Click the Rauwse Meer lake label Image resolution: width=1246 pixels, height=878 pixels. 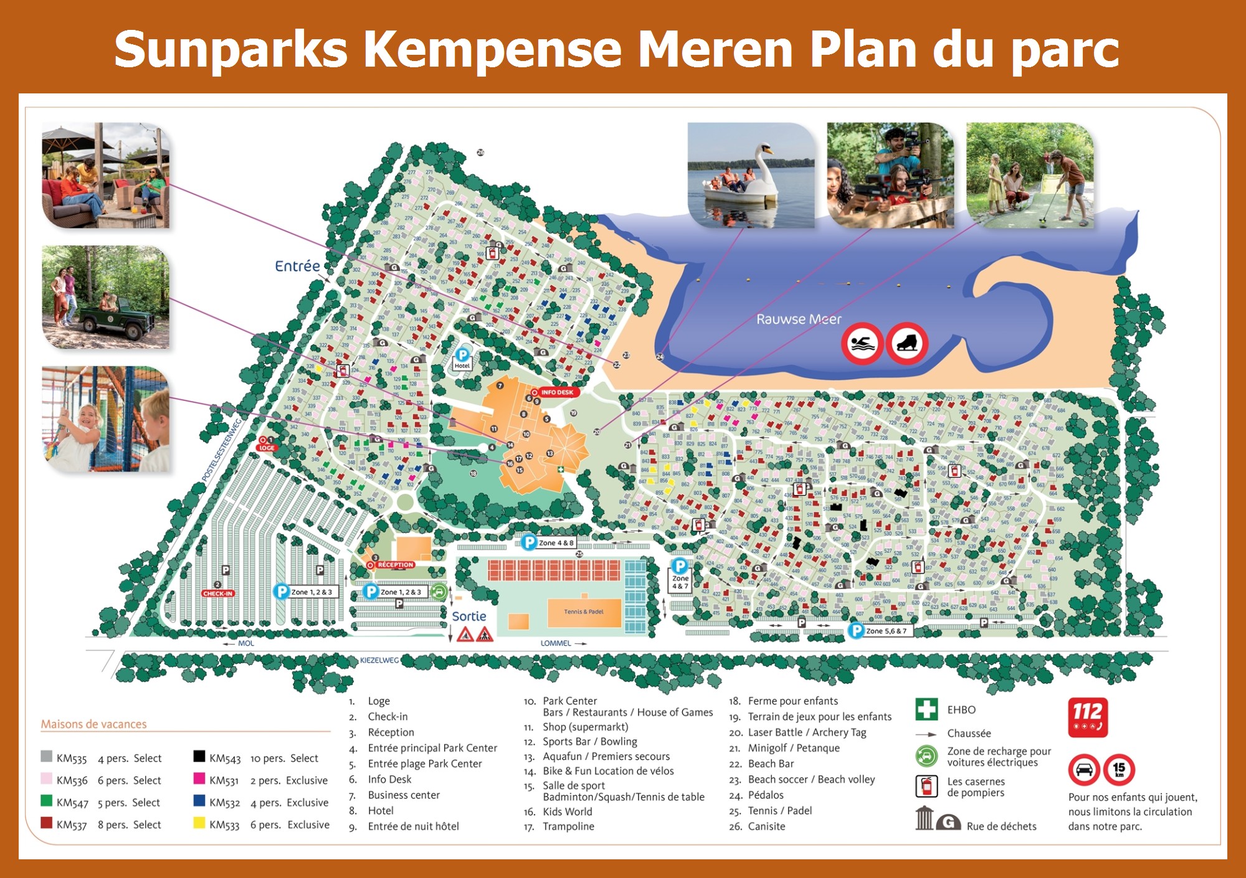798,319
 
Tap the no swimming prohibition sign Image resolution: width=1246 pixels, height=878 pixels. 862,344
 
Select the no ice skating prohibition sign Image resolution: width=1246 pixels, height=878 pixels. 907,344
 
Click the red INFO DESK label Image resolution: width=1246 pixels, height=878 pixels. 556,392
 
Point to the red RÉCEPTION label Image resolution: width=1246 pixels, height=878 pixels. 395,565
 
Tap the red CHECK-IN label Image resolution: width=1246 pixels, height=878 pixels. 217,593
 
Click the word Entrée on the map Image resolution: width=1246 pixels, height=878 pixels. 297,266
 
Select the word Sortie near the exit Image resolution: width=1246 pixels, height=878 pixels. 468,616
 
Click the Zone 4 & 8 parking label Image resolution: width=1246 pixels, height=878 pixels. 555,543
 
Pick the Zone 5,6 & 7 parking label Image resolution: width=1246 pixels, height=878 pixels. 885,631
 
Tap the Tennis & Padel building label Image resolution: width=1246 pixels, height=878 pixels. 584,611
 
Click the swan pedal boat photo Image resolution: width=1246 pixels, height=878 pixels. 751,175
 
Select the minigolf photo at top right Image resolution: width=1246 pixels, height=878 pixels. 1030,175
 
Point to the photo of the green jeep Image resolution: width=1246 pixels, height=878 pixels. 105,297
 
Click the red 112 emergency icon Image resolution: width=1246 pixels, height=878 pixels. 1087,717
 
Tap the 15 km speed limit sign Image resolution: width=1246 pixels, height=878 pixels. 1119,770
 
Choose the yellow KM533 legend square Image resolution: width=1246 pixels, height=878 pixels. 199,823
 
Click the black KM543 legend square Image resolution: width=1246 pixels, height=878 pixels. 199,757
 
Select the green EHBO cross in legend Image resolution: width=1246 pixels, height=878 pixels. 926,709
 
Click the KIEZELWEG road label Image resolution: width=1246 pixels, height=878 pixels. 379,660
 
